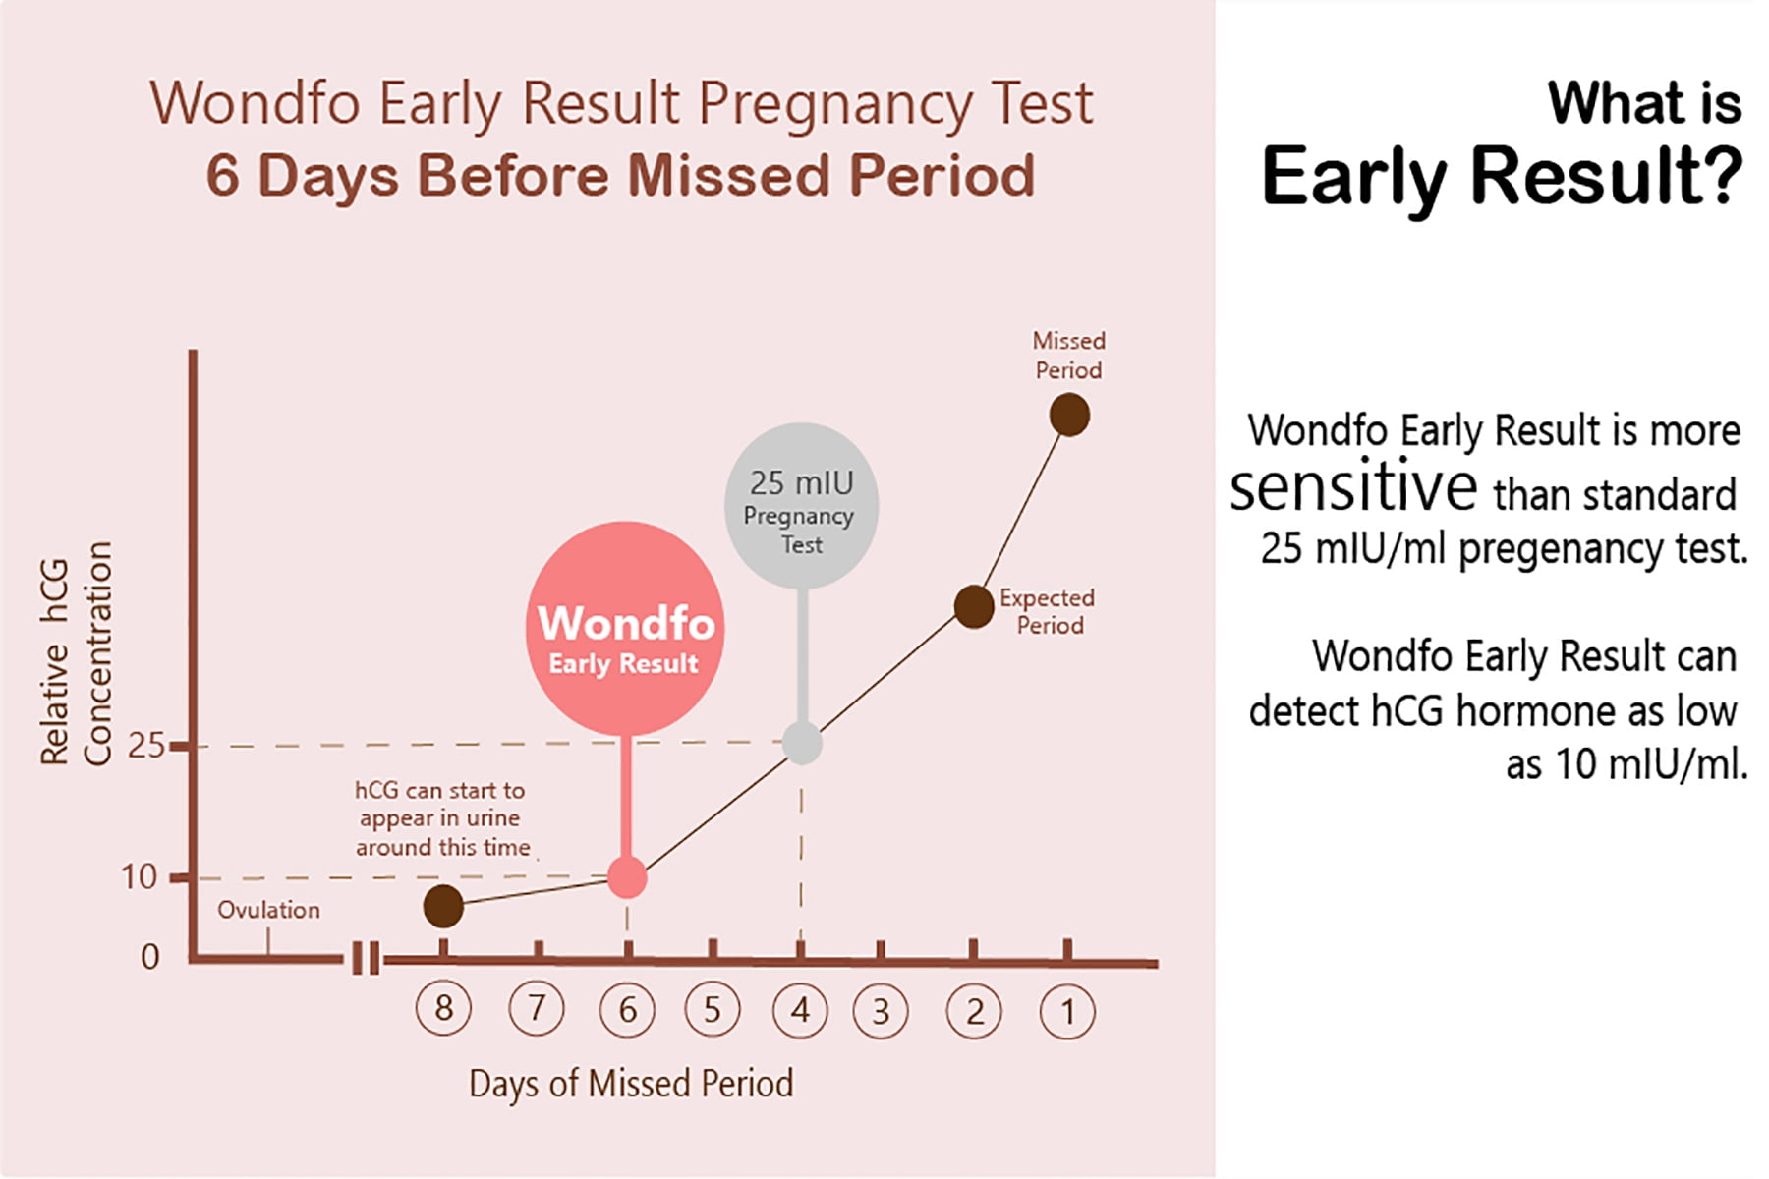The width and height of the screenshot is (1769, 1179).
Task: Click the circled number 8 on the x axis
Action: pyautogui.click(x=443, y=1009)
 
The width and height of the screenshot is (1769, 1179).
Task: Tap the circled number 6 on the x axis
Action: pyautogui.click(x=627, y=1010)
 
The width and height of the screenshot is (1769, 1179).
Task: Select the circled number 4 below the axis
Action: pyautogui.click(x=800, y=1010)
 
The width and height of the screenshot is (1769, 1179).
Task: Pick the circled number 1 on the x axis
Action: pyautogui.click(x=1067, y=1011)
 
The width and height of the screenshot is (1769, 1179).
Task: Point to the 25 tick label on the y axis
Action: pyautogui.click(x=145, y=746)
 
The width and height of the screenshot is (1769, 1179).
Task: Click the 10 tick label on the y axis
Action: pyautogui.click(x=139, y=876)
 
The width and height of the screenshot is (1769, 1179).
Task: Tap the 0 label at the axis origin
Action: pyautogui.click(x=149, y=956)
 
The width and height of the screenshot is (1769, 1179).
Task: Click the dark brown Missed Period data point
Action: pyautogui.click(x=1069, y=415)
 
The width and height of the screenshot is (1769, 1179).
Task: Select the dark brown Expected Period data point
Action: pyautogui.click(x=974, y=606)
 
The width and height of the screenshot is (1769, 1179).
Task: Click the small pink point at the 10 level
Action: pyautogui.click(x=627, y=877)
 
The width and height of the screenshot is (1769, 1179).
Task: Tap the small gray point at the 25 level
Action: pyautogui.click(x=802, y=744)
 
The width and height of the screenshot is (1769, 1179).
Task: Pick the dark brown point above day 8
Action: pyautogui.click(x=443, y=906)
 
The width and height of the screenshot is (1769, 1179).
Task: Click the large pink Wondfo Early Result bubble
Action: pyautogui.click(x=625, y=629)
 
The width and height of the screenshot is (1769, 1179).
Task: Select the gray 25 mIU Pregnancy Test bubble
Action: pyautogui.click(x=801, y=506)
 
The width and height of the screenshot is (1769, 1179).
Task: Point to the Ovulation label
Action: pyautogui.click(x=268, y=910)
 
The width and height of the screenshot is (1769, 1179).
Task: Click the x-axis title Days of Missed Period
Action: pyautogui.click(x=631, y=1084)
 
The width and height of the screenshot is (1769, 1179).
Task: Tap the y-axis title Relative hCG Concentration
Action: pyautogui.click(x=76, y=653)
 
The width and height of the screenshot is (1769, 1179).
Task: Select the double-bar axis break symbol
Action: pyautogui.click(x=366, y=958)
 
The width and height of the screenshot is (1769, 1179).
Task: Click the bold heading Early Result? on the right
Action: pyautogui.click(x=1501, y=177)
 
